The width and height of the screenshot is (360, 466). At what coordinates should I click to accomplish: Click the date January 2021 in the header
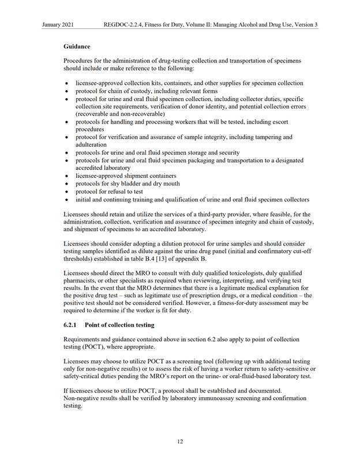click(x=59, y=25)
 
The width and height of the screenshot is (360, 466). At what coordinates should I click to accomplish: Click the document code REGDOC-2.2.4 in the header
click(x=123, y=25)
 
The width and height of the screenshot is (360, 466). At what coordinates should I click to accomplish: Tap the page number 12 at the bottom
click(x=180, y=442)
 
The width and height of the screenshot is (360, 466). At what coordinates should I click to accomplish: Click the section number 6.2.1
click(x=72, y=326)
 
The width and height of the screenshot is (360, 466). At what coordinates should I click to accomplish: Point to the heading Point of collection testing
click(x=121, y=326)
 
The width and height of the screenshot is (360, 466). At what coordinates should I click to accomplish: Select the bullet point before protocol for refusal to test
click(x=69, y=191)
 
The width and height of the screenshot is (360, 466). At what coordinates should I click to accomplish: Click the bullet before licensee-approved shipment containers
click(x=69, y=176)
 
